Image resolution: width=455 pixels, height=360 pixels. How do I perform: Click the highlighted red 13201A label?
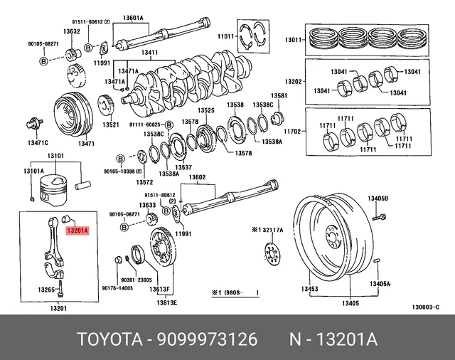pyautogui.click(x=76, y=231)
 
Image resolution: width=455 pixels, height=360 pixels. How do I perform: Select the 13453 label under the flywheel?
pyautogui.click(x=309, y=289)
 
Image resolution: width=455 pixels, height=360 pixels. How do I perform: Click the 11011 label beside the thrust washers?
pyautogui.click(x=225, y=35)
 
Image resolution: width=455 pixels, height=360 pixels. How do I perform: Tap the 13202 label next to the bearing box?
pyautogui.click(x=294, y=81)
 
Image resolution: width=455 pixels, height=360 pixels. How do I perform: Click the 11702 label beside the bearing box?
pyautogui.click(x=294, y=132)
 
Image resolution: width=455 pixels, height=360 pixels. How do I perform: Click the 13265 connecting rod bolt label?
pyautogui.click(x=47, y=290)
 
